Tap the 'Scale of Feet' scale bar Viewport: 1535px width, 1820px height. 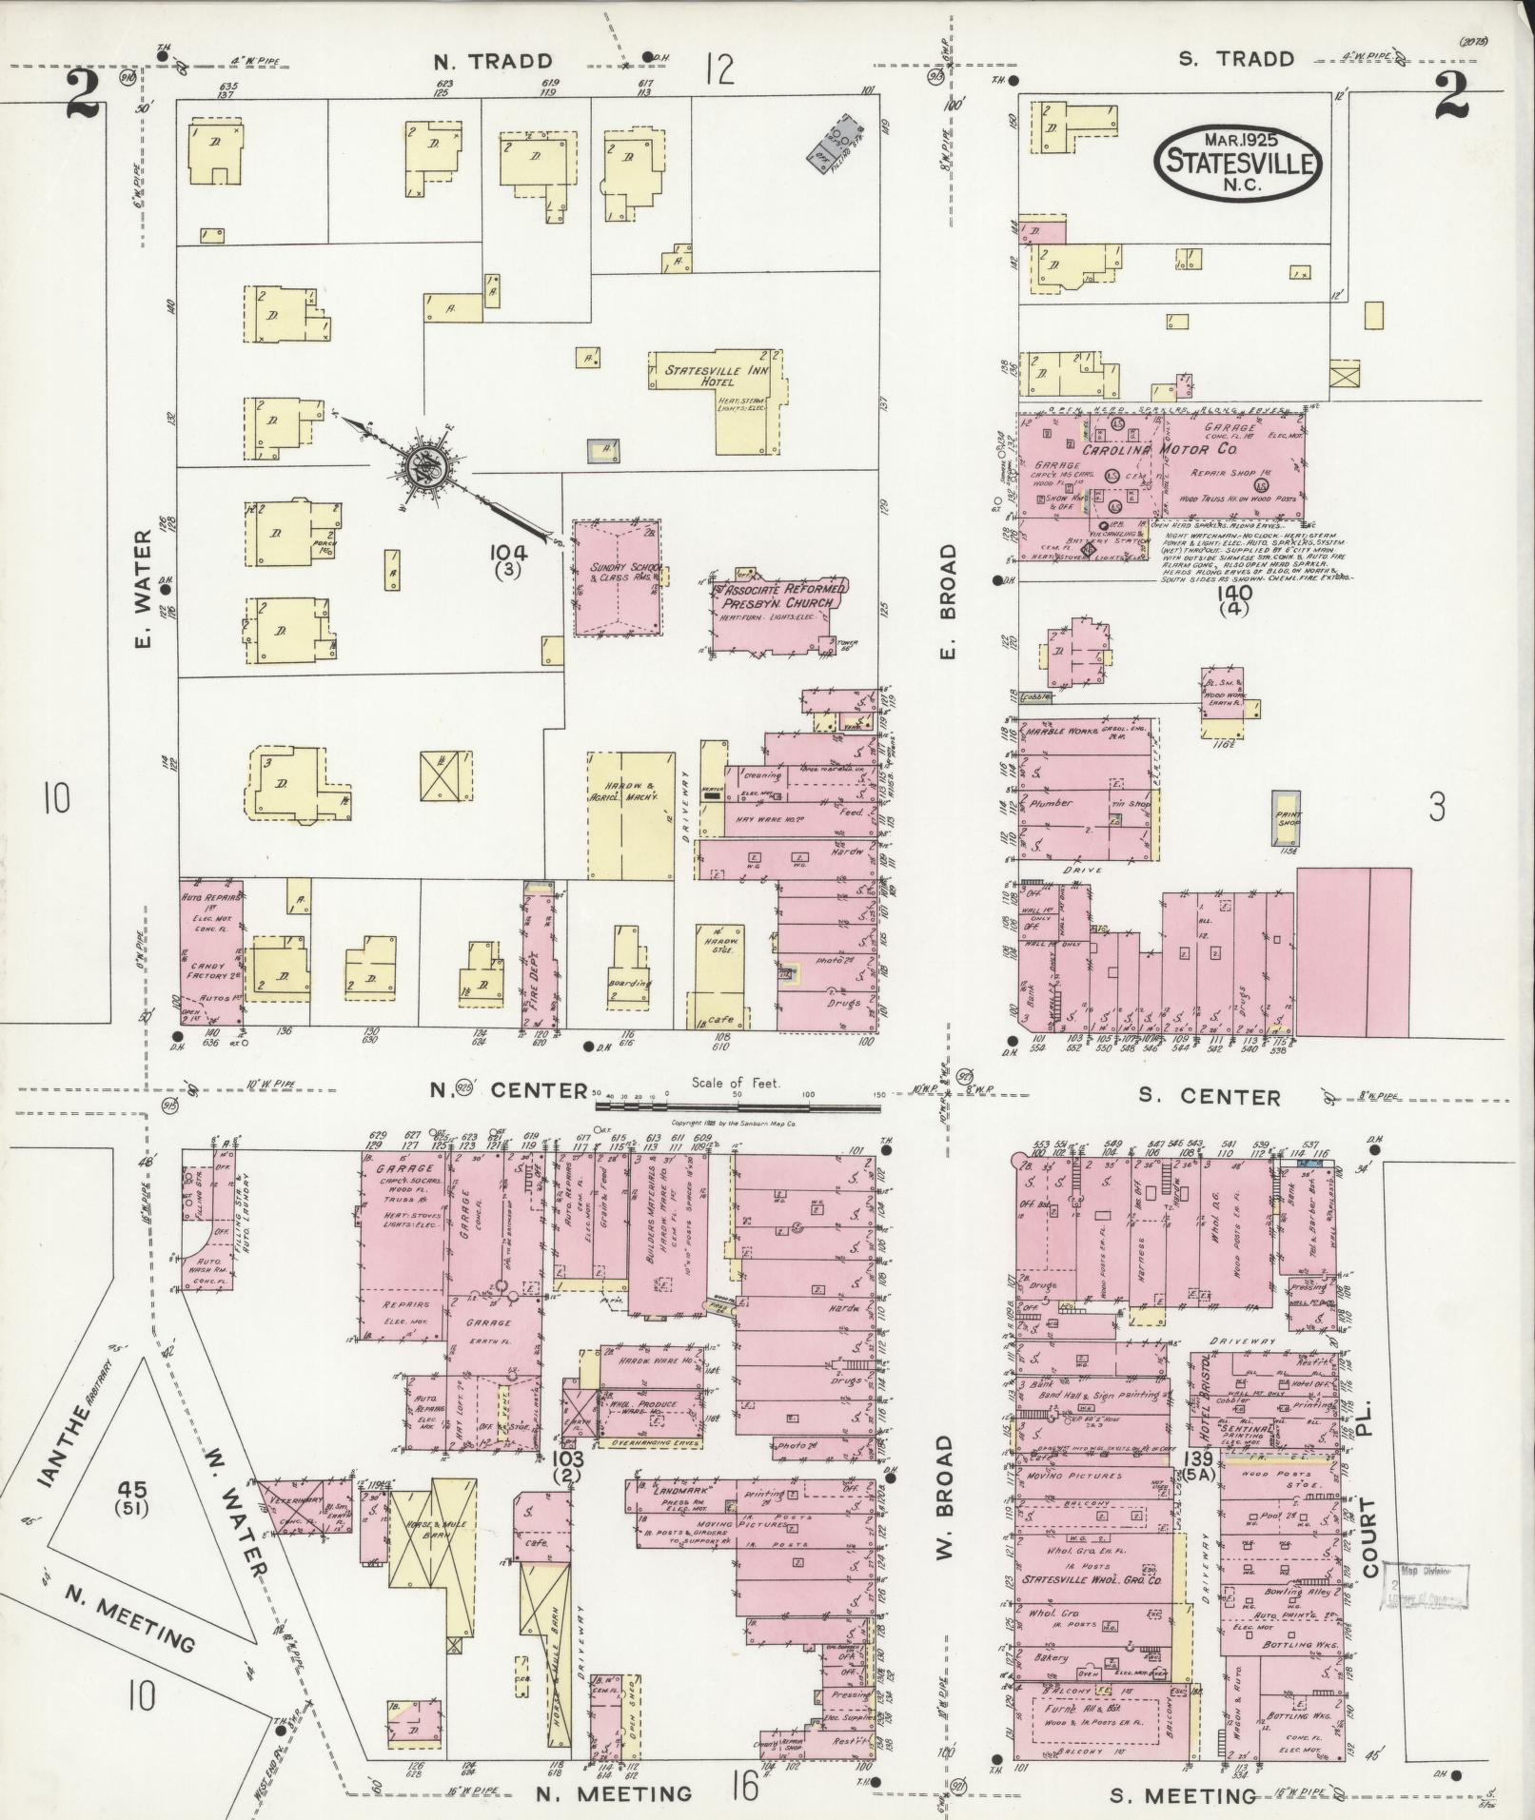(x=738, y=1106)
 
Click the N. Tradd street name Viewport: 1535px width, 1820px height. (x=493, y=62)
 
